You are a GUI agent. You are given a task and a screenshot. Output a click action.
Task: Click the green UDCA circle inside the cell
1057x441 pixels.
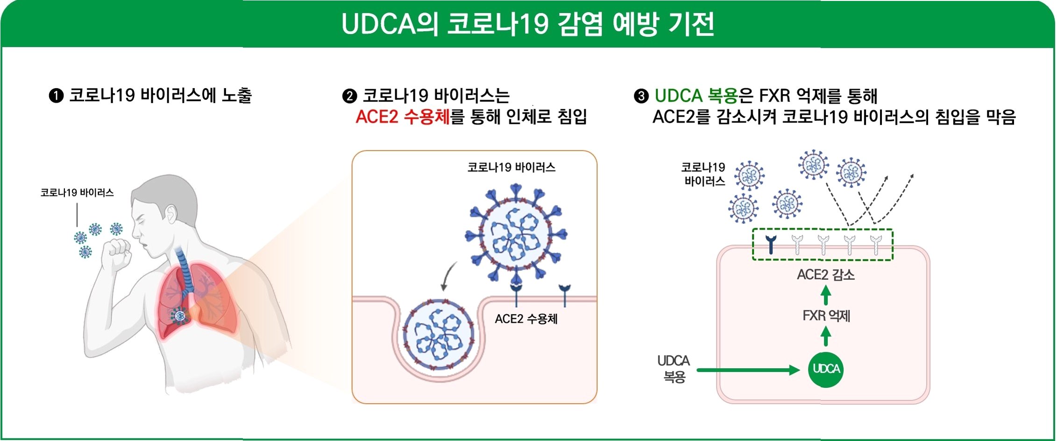tap(825, 369)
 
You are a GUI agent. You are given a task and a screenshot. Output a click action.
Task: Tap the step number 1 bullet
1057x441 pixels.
tap(56, 96)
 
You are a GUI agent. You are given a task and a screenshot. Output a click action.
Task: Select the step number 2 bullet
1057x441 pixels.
tap(349, 96)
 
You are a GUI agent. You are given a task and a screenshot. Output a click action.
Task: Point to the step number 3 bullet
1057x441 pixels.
tap(641, 96)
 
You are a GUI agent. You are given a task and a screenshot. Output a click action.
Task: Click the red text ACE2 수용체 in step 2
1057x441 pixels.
tap(402, 117)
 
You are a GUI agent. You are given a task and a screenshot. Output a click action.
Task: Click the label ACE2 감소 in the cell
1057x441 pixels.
tap(825, 274)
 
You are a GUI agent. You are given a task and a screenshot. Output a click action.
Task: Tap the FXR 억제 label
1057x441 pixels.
tap(826, 316)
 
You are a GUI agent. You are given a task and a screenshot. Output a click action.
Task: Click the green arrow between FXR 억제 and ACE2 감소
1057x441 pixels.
tap(826, 295)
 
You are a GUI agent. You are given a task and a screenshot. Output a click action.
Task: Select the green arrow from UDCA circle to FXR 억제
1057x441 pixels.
tap(826, 336)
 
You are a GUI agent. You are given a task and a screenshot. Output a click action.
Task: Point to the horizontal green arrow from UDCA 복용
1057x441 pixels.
tap(747, 370)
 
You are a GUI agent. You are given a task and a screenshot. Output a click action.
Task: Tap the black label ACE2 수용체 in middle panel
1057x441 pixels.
tap(526, 319)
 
